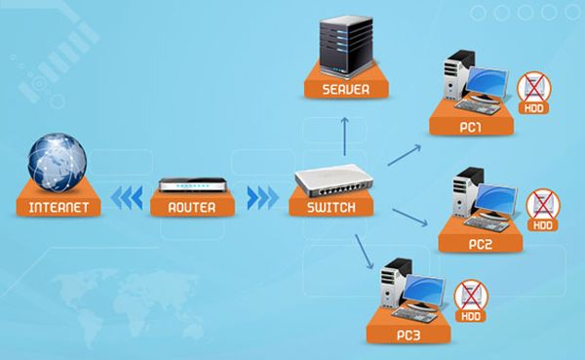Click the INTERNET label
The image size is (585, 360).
pos(58,208)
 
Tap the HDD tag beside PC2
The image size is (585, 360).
pos(540,225)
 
